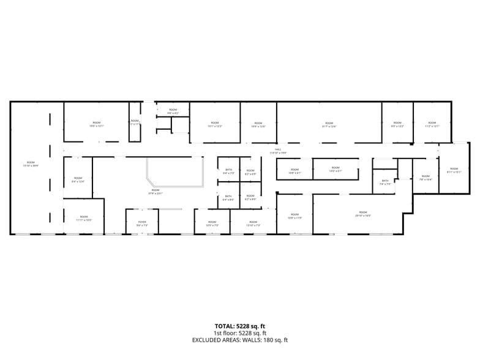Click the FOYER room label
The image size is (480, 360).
tap(142, 223)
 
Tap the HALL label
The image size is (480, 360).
tap(277, 151)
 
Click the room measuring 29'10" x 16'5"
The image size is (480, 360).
tap(363, 214)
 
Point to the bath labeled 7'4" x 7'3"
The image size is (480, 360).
tap(385, 182)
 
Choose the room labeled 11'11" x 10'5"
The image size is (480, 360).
tap(84, 218)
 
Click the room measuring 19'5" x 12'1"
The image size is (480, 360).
tap(96, 124)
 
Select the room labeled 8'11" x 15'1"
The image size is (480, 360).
tap(453, 170)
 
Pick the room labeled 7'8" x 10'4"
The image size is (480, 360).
tap(426, 178)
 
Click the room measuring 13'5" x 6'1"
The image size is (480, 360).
tap(336, 169)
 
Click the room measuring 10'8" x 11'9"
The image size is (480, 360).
tap(294, 217)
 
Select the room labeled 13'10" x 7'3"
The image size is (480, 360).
tap(253, 223)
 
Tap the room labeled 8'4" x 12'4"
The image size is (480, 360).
tap(78, 179)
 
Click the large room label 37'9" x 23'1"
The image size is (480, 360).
tap(156, 192)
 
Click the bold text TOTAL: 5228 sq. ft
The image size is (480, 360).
tap(239, 326)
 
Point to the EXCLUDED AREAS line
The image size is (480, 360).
tap(239, 340)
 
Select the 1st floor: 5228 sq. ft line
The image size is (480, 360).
tap(239, 333)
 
